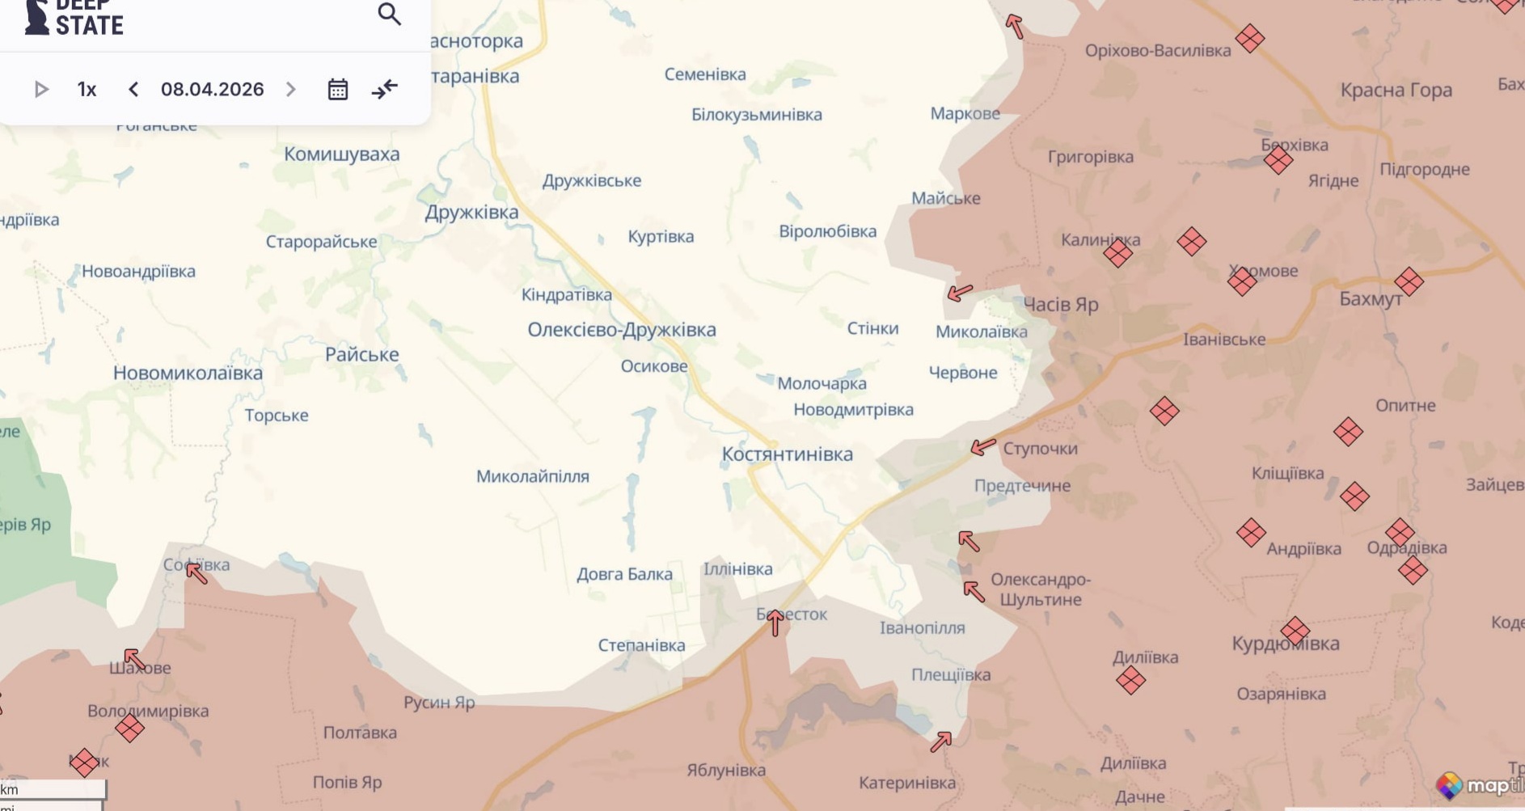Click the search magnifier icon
click(x=389, y=14)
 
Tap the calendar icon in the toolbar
click(x=338, y=89)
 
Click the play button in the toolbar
click(x=41, y=89)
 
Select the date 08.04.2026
click(x=212, y=89)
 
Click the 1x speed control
click(x=87, y=89)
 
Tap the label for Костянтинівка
click(x=787, y=454)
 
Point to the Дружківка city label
click(x=471, y=213)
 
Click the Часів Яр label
click(x=1061, y=305)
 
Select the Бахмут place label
click(x=1371, y=299)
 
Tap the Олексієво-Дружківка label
click(x=621, y=330)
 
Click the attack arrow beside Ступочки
click(x=982, y=446)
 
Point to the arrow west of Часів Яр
click(x=960, y=292)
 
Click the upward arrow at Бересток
click(x=775, y=623)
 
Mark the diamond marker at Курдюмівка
click(x=1295, y=631)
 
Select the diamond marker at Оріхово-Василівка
click(x=1250, y=38)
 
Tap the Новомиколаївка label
click(x=188, y=374)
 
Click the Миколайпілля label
click(x=532, y=477)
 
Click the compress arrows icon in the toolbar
click(x=385, y=89)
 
